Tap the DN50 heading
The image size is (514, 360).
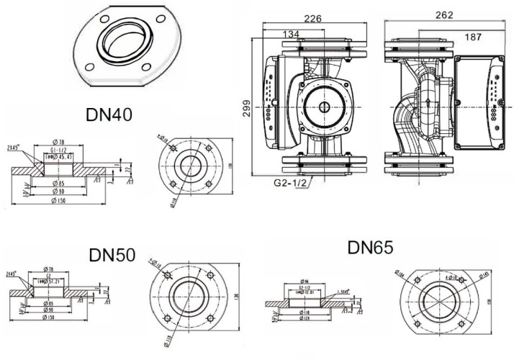(112, 256)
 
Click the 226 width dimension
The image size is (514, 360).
(312, 19)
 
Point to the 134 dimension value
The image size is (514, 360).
(291, 34)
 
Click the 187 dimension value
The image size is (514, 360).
(472, 37)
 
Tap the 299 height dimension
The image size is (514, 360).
(246, 107)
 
